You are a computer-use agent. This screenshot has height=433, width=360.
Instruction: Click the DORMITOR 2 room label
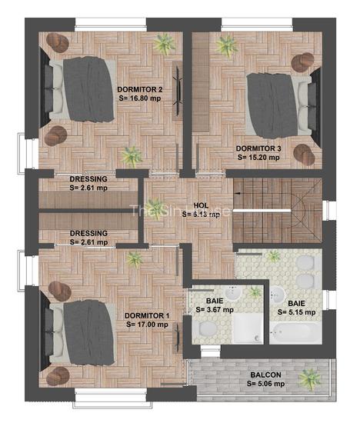[141, 89]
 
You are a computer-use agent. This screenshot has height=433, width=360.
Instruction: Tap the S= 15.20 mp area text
[258, 156]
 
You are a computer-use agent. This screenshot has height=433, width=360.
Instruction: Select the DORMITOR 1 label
[146, 315]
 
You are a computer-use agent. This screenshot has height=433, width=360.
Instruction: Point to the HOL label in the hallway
[202, 205]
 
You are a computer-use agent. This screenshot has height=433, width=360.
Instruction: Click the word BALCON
[265, 375]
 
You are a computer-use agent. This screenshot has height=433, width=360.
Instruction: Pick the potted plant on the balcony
[309, 378]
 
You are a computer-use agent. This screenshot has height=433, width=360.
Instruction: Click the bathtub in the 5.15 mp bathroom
[293, 333]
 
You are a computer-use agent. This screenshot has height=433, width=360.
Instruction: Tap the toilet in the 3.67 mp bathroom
[206, 328]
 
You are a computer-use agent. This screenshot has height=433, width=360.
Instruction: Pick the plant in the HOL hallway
[135, 258]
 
